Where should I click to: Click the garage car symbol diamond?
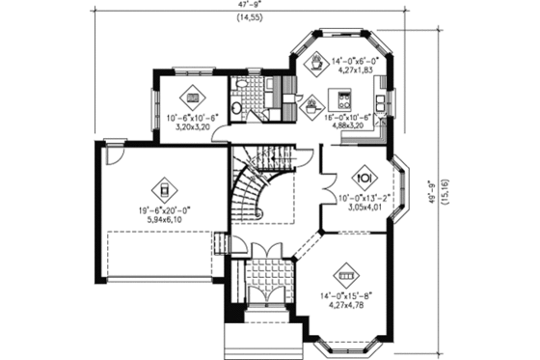[x=165, y=187]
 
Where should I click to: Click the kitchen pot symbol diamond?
[x=313, y=105]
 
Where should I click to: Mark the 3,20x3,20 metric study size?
[x=193, y=125]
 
